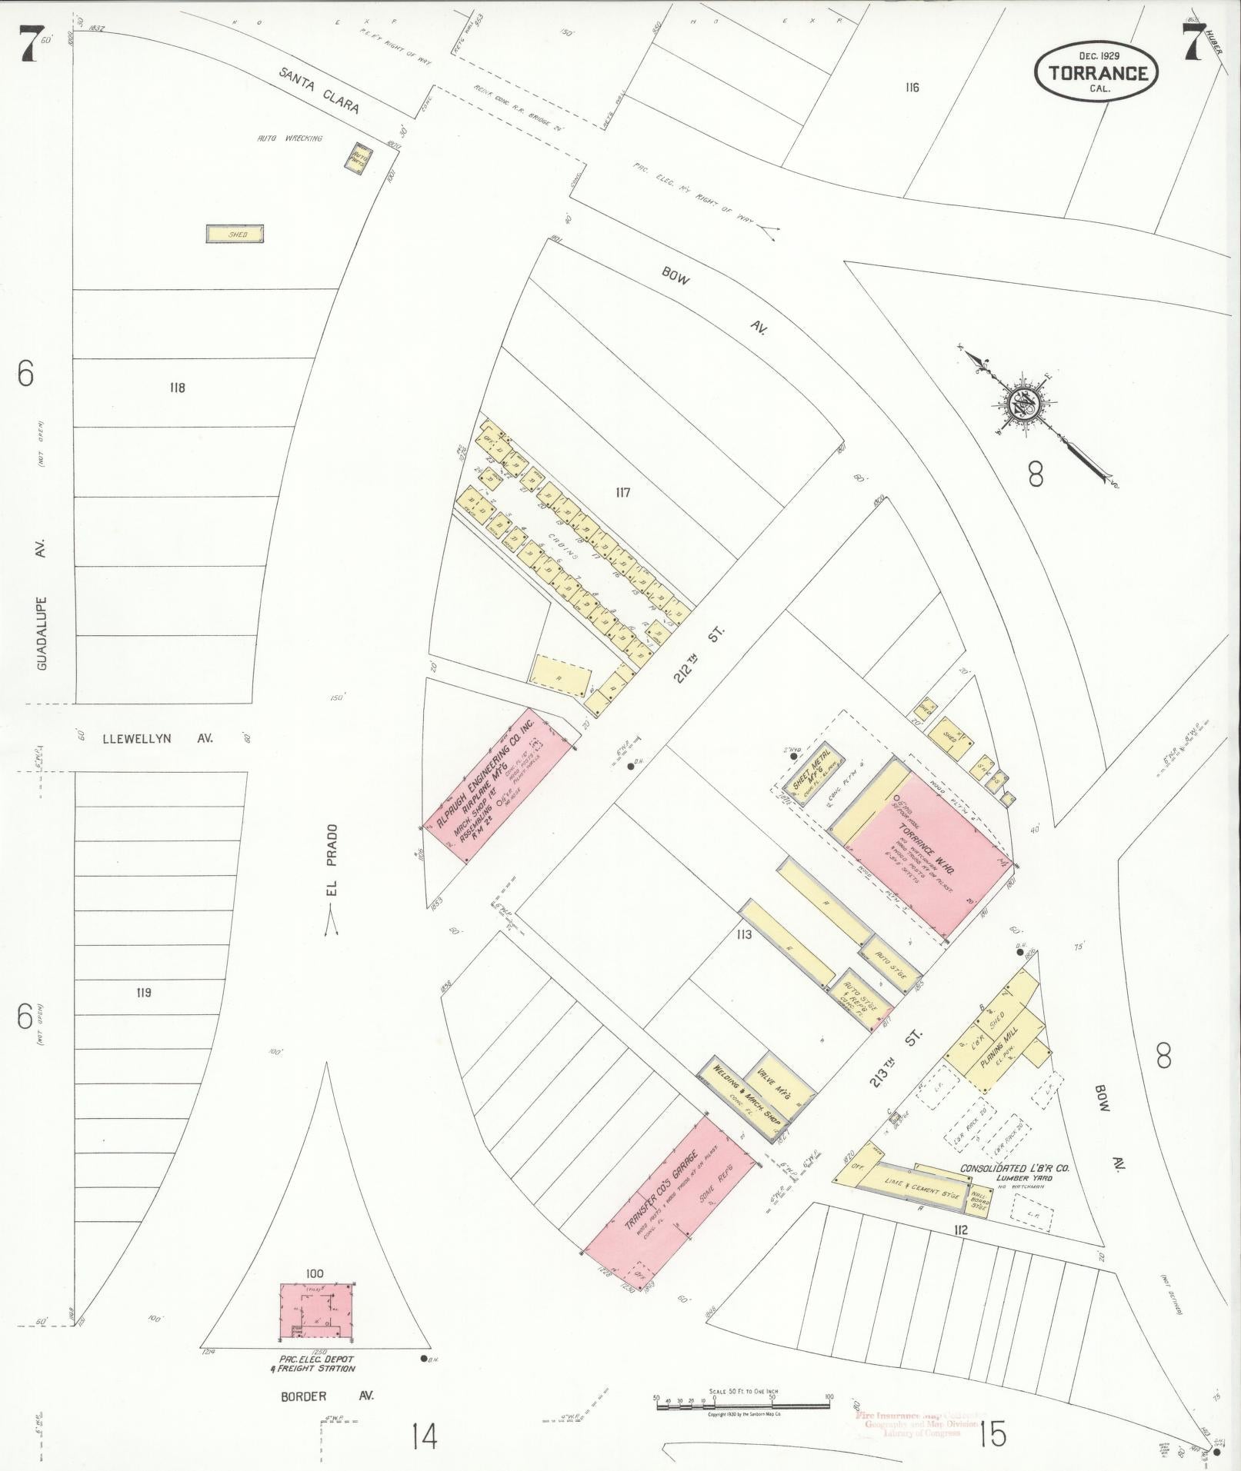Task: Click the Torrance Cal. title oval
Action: pyautogui.click(x=1096, y=72)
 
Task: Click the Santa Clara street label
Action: pyautogui.click(x=319, y=89)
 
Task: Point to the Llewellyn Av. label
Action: pyautogui.click(x=158, y=738)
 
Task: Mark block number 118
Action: pyautogui.click(x=177, y=388)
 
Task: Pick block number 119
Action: pyautogui.click(x=143, y=992)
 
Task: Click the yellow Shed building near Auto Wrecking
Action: pyautogui.click(x=235, y=234)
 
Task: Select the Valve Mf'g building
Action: pyautogui.click(x=778, y=1083)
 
